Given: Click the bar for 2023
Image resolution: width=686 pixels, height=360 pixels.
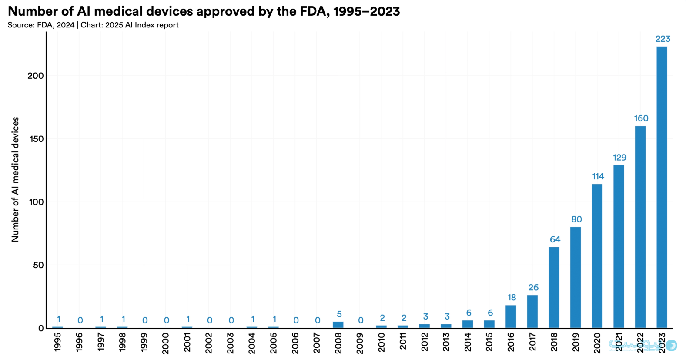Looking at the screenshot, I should [x=661, y=187].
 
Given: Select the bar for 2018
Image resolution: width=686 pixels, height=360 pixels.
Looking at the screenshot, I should [x=554, y=287].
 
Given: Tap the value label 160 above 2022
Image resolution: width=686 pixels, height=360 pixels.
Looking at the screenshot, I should [x=641, y=118].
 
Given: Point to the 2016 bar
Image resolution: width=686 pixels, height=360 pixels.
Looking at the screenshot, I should [x=511, y=316].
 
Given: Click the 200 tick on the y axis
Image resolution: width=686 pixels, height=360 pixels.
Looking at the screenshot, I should [x=36, y=76].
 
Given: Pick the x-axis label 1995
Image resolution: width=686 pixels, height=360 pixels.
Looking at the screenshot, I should [x=58, y=342].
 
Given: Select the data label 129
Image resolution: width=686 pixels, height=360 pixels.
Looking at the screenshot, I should [x=619, y=158].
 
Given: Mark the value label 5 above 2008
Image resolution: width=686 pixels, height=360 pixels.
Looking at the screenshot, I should [x=339, y=314].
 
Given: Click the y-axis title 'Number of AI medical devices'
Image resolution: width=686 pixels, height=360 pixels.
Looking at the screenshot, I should [x=15, y=179].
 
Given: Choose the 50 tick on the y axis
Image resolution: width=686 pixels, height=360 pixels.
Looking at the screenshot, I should [x=38, y=265].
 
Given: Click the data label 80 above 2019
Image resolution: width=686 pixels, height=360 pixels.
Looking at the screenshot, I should [x=576, y=219].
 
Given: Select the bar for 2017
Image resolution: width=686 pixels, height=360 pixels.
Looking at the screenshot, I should [x=532, y=311].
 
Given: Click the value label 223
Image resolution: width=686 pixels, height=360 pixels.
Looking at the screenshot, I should [x=663, y=39].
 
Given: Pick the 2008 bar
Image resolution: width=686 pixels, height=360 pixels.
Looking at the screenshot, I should [x=338, y=325].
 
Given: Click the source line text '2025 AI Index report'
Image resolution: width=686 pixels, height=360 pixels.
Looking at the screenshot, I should [x=142, y=25].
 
